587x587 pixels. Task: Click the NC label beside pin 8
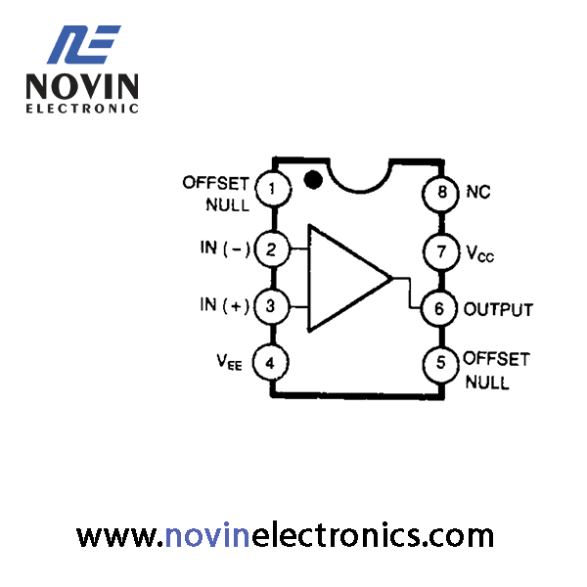tap(478, 192)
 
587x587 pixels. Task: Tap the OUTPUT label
tap(498, 309)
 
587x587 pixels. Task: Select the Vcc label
tap(480, 253)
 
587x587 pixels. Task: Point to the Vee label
tap(229, 362)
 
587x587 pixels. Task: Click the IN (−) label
tap(225, 248)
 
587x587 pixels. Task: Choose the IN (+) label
tap(225, 305)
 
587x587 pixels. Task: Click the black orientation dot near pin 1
tap(313, 180)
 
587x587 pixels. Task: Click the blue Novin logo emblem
tap(83, 44)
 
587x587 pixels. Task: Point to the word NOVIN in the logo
tap(82, 86)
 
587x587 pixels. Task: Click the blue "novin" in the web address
tap(207, 536)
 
